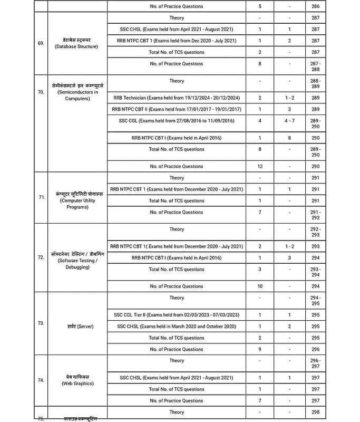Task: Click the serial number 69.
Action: pos(41,43)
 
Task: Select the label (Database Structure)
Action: pos(77,46)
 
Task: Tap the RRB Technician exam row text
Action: pos(177,98)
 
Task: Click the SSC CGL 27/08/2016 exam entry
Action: pos(177,121)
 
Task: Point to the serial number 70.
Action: pos(41,92)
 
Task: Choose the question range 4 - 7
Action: pos(290,121)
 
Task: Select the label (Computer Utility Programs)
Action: pos(77,204)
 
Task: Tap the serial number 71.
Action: pos(41,197)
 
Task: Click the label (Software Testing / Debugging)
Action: pos(77,264)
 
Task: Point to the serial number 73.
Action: pos(41,323)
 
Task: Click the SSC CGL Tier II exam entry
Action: pos(177,315)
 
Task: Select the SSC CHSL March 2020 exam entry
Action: pos(177,327)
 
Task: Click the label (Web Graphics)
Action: pos(77,383)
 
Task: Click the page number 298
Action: pos(315,412)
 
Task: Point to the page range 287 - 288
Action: pos(315,66)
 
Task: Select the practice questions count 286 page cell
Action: pos(315,6)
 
